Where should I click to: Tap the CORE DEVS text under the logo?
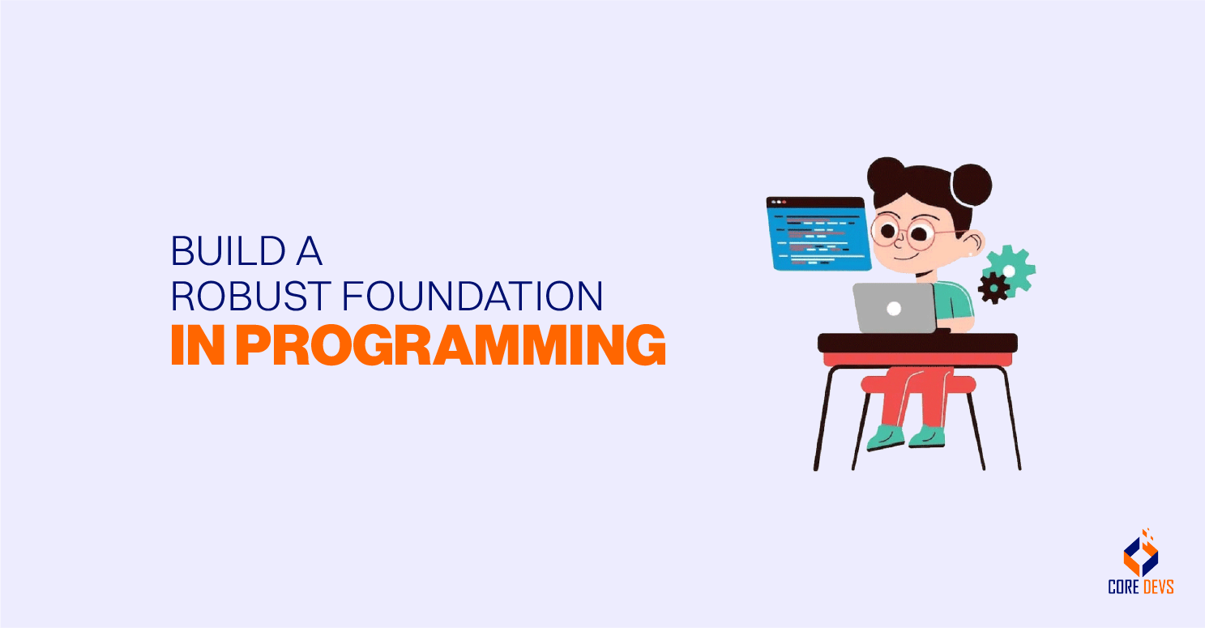point(1140,587)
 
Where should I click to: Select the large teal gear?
point(1009,268)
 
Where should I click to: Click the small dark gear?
point(993,287)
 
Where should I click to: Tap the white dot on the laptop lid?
point(894,308)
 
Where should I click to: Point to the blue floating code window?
point(818,233)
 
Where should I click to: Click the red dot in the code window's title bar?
point(784,202)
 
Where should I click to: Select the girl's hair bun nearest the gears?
point(970,183)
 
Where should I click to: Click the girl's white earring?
point(971,255)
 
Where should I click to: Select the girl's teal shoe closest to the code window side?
point(885,438)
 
